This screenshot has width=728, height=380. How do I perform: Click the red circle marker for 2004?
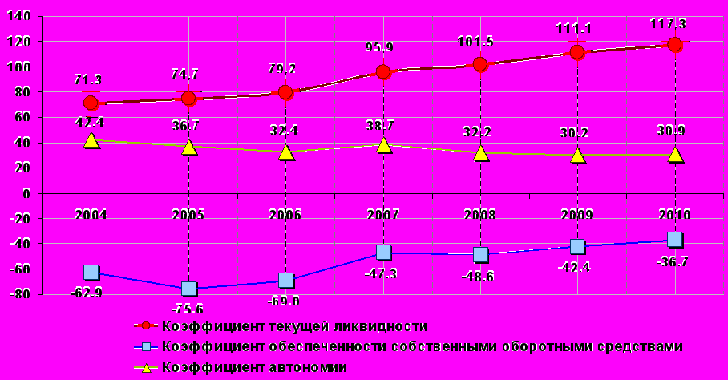[91, 103]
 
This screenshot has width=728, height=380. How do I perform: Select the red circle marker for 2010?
[675, 45]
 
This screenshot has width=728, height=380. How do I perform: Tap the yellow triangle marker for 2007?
[384, 144]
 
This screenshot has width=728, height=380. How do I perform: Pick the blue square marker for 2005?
[188, 289]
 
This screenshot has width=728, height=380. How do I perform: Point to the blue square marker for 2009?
[577, 246]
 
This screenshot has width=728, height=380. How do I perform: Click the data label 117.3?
[668, 24]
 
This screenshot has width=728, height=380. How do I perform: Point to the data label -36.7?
[673, 261]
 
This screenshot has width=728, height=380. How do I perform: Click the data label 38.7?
[382, 126]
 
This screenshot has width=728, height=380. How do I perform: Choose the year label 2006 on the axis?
[285, 214]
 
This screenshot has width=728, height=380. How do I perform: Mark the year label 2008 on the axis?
[479, 214]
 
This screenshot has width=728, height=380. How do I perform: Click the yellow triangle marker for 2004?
[91, 140]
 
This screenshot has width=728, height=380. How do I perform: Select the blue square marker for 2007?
[384, 253]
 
